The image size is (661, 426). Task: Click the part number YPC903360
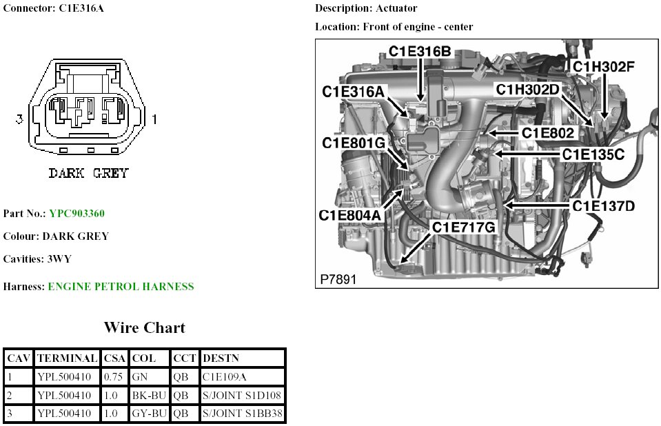(x=77, y=213)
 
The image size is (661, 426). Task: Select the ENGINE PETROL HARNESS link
(x=121, y=286)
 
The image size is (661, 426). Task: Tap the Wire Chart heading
(x=144, y=327)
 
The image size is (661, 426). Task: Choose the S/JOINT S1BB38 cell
(x=243, y=414)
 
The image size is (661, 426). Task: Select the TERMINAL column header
(x=67, y=358)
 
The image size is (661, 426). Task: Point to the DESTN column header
(x=221, y=358)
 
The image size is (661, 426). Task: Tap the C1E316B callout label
(x=420, y=51)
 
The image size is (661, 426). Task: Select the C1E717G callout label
(x=464, y=227)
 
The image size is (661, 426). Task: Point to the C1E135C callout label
(x=593, y=154)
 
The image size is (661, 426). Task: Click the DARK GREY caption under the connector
(x=88, y=173)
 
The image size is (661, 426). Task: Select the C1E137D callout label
(x=603, y=205)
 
